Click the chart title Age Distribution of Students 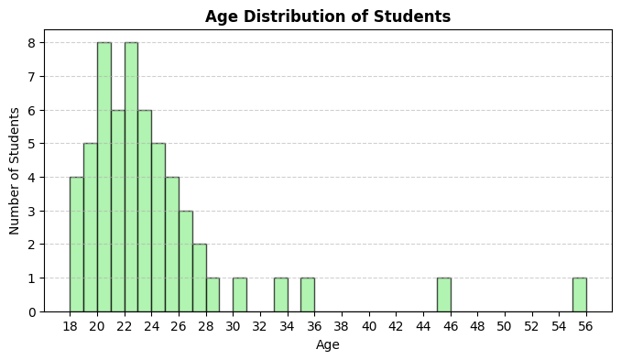328,16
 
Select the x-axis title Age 328,344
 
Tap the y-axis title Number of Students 15,170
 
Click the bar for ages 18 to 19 76,244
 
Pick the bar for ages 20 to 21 103,177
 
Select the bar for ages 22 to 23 131,177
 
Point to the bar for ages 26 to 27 186,261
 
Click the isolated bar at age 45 443,295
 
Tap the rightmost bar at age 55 579,295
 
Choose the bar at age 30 240,295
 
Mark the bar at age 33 280,295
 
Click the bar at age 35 308,295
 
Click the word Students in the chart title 418,16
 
